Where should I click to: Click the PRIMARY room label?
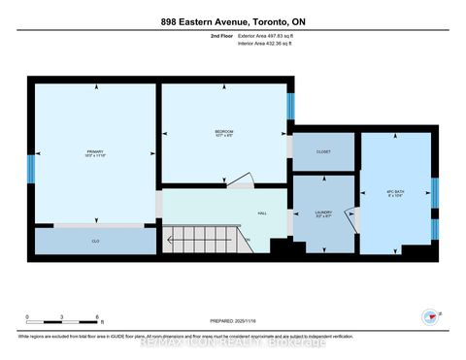pyautogui.click(x=94, y=151)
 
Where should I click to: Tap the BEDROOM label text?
pyautogui.click(x=222, y=133)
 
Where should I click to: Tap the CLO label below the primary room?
pyautogui.click(x=95, y=240)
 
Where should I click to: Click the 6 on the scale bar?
pyautogui.click(x=97, y=317)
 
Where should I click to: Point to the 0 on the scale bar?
pyautogui.click(x=28, y=317)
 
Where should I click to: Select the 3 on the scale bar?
pyautogui.click(x=62, y=317)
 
